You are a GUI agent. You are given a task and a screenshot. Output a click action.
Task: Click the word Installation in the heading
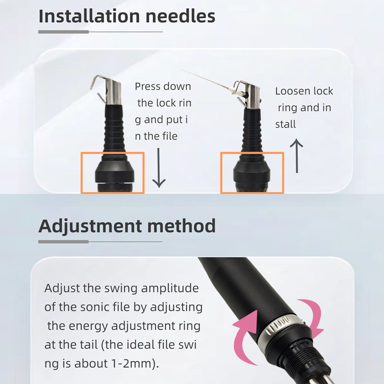point(89,16)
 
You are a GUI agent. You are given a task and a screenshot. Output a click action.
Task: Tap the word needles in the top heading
point(180,16)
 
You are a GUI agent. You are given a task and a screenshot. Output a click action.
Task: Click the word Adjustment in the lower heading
point(90,226)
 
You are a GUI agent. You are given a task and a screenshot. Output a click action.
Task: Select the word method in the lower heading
point(182,226)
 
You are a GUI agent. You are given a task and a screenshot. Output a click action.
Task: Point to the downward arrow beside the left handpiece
point(159,168)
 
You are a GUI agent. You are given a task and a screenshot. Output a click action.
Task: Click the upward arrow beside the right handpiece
point(297,156)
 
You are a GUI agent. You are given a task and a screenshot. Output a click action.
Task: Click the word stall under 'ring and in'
point(286,124)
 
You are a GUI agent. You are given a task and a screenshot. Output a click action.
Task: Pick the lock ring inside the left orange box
point(115,171)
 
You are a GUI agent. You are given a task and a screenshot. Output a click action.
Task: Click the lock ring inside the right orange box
point(252,171)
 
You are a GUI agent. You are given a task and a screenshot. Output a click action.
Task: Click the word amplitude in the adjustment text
point(170,289)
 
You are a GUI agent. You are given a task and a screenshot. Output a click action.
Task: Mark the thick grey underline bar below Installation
point(63,32)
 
